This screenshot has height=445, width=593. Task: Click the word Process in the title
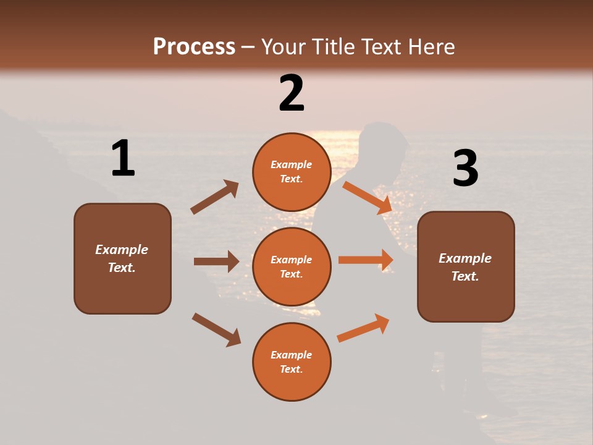pyautogui.click(x=194, y=47)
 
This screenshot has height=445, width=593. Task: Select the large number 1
pyautogui.click(x=123, y=159)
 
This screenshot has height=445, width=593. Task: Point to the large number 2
pyautogui.click(x=292, y=93)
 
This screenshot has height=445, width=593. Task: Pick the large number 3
pyautogui.click(x=466, y=168)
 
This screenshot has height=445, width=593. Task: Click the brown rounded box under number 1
pyautogui.click(x=122, y=258)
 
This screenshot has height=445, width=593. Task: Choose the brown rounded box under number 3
pyautogui.click(x=466, y=266)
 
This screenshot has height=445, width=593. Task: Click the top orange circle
pyautogui.click(x=292, y=172)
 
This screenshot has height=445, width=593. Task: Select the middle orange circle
pyautogui.click(x=292, y=266)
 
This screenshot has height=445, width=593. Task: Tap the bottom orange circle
pyautogui.click(x=292, y=362)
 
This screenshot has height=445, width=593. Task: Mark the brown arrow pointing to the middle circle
pyautogui.click(x=216, y=261)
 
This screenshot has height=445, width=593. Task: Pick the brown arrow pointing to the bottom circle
pyautogui.click(x=216, y=329)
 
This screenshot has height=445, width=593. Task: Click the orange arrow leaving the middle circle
pyautogui.click(x=366, y=260)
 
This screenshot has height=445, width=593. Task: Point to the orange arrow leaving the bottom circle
pyautogui.click(x=363, y=328)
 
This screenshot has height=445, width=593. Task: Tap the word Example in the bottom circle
pyautogui.click(x=292, y=355)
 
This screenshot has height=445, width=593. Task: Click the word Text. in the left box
pyautogui.click(x=122, y=268)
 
